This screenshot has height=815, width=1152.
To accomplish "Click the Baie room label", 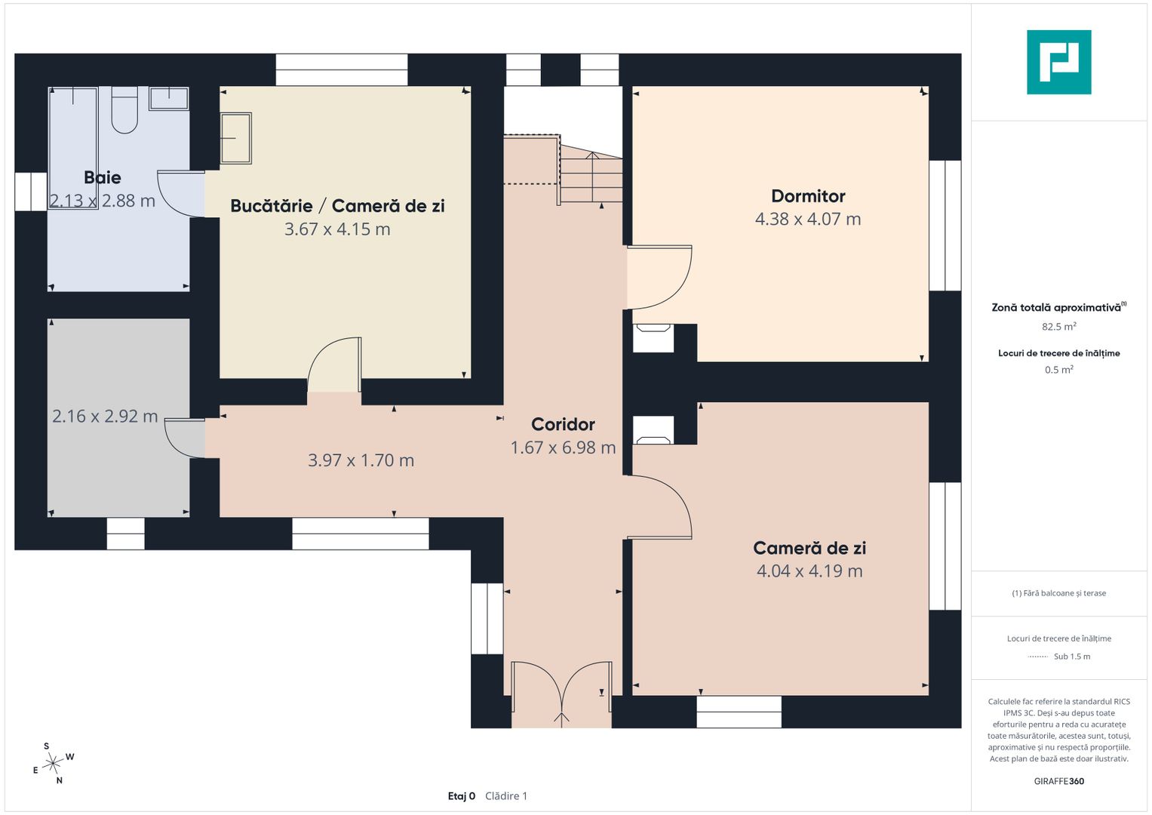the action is click(x=103, y=177).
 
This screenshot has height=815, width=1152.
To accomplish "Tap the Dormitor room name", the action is click(x=809, y=196).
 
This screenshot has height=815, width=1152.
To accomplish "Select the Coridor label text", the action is click(x=563, y=424).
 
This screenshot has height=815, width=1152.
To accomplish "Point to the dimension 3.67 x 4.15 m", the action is click(x=337, y=229).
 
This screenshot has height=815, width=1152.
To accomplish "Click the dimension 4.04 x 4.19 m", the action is click(x=809, y=571).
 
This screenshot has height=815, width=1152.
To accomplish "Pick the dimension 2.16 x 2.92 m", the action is click(x=105, y=417).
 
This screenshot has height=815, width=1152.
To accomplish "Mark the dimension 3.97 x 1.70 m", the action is click(x=361, y=460).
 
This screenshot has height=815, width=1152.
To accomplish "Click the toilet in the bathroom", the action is click(x=124, y=109).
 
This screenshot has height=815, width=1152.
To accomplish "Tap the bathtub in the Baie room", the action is click(x=73, y=148).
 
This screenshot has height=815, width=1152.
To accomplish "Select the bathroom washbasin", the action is click(x=169, y=98).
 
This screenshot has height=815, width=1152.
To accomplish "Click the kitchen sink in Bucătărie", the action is click(x=236, y=138).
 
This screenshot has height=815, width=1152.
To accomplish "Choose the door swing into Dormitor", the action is click(x=659, y=278).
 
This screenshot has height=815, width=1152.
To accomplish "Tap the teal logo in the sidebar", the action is click(x=1059, y=62).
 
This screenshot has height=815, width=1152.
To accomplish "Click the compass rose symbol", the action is click(x=53, y=764).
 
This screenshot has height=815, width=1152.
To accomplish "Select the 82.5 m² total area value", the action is click(x=1059, y=326).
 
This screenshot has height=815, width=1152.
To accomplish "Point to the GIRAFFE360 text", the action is click(x=1059, y=781).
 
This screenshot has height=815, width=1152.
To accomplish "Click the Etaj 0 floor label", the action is click(x=461, y=796).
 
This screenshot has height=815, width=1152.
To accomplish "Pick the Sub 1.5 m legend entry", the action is click(x=1072, y=657).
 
